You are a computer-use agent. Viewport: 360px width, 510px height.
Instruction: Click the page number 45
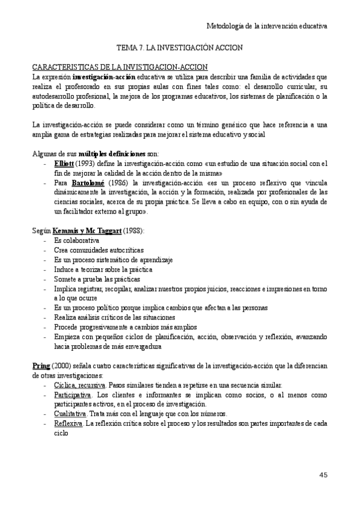[323, 475]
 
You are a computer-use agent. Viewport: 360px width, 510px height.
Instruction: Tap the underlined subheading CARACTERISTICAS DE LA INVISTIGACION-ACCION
[120, 67]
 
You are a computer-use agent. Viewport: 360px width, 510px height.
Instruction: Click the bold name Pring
[41, 366]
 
